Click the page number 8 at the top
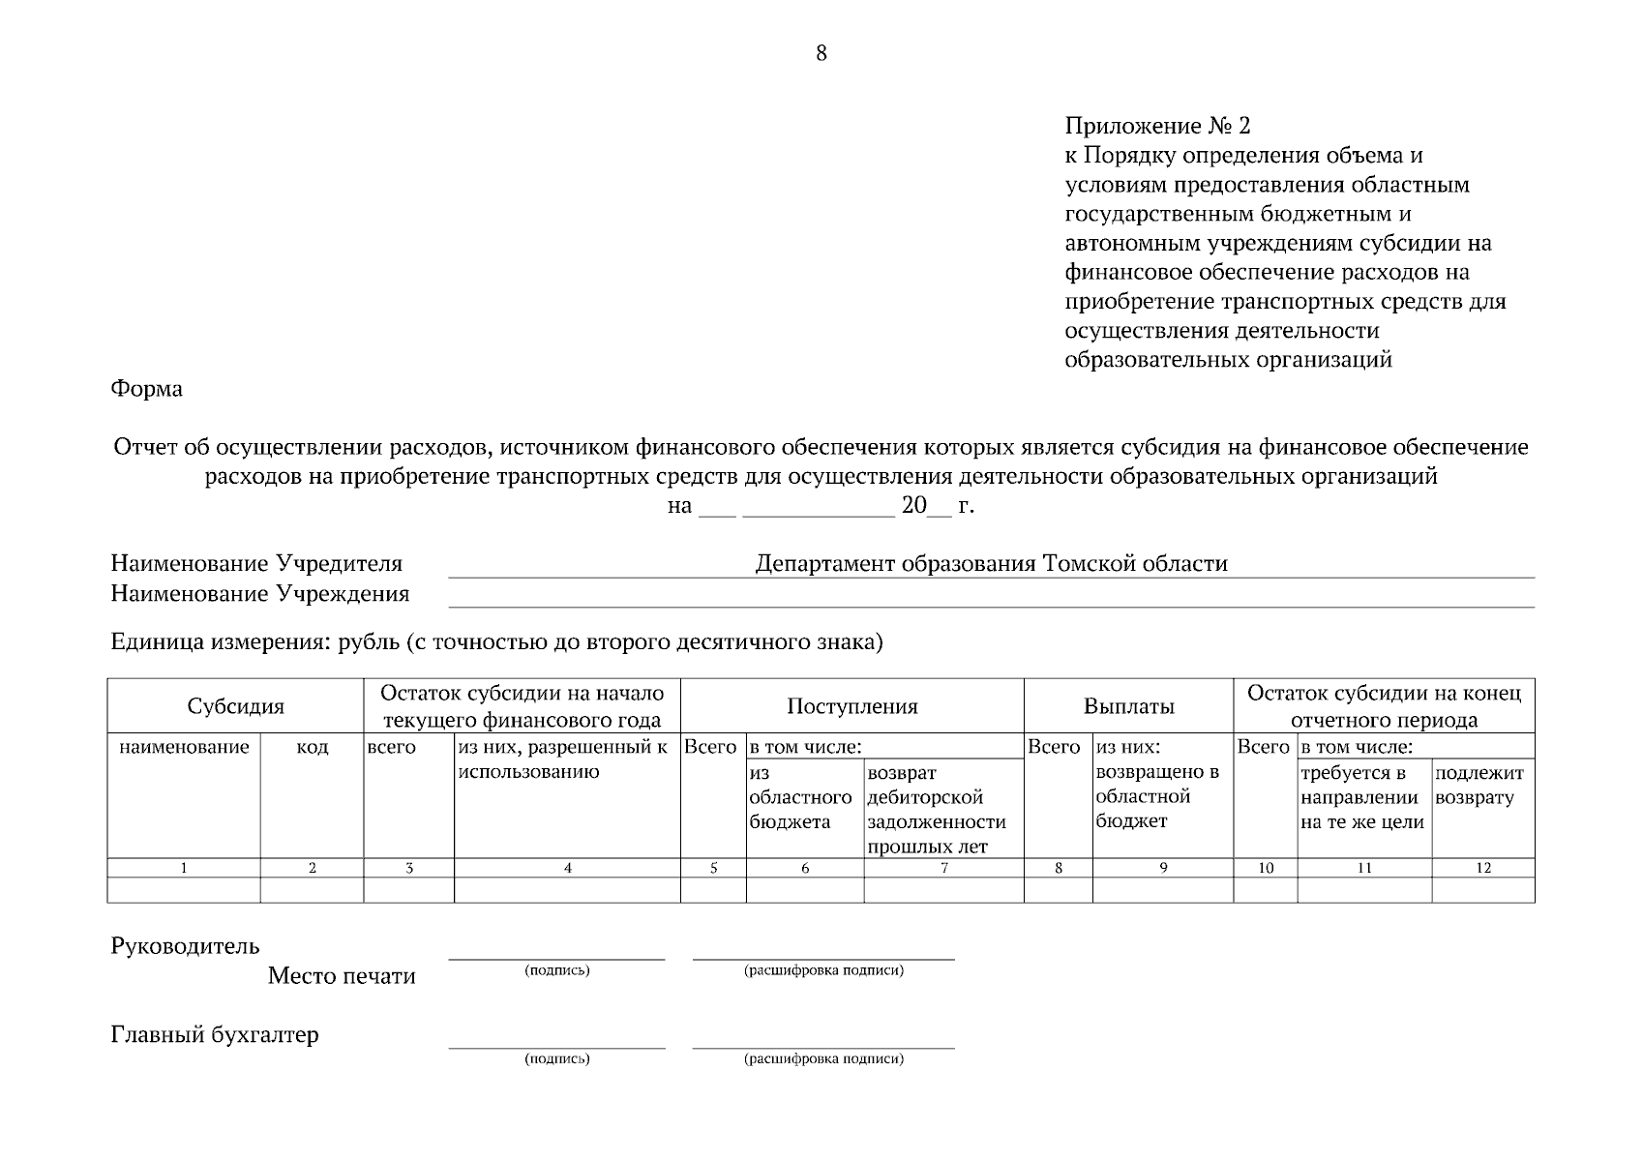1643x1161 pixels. click(x=821, y=53)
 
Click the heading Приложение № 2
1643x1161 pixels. click(x=1157, y=126)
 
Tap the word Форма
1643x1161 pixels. click(x=146, y=389)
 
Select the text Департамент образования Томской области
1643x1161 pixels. click(x=991, y=564)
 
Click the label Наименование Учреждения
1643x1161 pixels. click(x=259, y=593)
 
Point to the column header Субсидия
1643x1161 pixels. click(x=235, y=706)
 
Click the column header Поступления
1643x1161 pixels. click(x=851, y=706)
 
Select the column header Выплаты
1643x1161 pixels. click(x=1128, y=706)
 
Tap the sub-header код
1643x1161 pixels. click(x=312, y=747)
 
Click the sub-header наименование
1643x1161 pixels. click(x=184, y=747)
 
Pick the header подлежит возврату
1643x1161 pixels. click(x=1479, y=785)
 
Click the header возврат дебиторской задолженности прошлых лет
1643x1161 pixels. click(x=936, y=810)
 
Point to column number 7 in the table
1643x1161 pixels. click(x=943, y=868)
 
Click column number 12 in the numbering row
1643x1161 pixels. click(x=1482, y=868)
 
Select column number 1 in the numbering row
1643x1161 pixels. click(x=184, y=868)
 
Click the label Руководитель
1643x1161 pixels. click(x=185, y=946)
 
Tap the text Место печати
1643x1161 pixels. click(x=341, y=976)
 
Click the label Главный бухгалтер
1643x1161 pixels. click(x=214, y=1035)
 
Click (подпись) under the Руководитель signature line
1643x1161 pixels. click(x=556, y=970)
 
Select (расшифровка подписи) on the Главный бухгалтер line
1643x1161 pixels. click(x=823, y=1059)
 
